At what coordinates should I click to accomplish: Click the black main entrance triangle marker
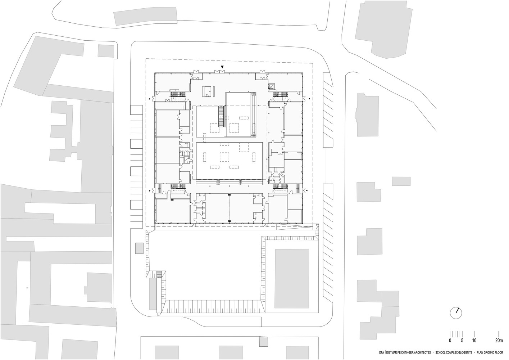(222, 67)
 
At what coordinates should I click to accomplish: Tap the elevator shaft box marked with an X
(271, 86)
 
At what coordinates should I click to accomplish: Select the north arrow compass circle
(456, 313)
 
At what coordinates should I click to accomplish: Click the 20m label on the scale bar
(499, 347)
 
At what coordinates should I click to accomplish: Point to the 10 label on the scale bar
(474, 347)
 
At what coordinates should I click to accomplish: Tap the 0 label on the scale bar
(450, 347)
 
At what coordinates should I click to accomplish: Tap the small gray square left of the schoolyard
(139, 248)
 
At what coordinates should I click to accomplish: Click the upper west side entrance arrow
(149, 99)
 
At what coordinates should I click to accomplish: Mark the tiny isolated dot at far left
(27, 288)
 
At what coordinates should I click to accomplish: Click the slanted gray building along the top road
(145, 16)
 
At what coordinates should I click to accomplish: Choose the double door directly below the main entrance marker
(219, 72)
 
